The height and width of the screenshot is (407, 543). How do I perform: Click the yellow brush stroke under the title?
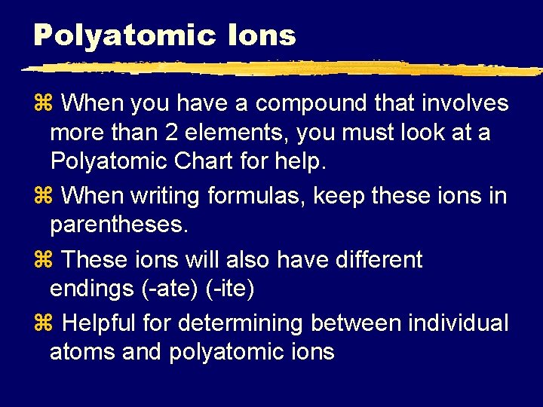(x=279, y=69)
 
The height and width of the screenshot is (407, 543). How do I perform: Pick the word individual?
(x=458, y=323)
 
